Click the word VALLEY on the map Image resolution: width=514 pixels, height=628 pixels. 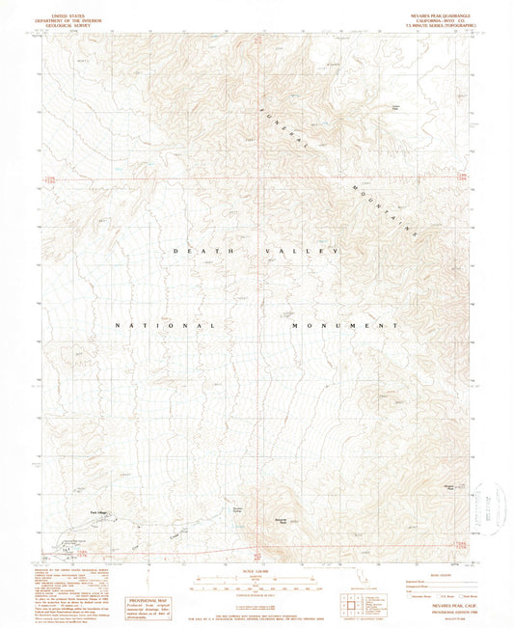[x=304, y=251]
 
